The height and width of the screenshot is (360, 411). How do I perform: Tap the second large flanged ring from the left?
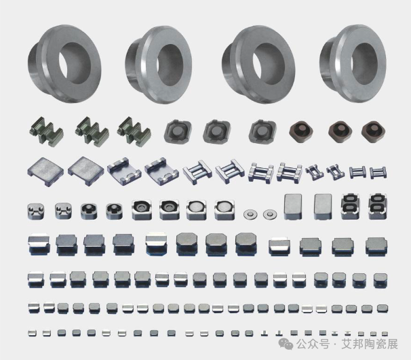pos(158,64)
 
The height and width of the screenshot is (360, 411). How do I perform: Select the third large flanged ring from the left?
pos(258,64)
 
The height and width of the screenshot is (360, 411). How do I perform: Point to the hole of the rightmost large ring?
pos(366,64)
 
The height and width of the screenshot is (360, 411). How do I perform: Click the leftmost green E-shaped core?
pos(45,130)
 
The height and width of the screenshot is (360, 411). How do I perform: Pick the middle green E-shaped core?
pos(91,130)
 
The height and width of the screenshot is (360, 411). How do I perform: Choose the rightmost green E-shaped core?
pos(134,130)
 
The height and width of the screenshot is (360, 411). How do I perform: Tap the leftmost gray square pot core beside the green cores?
pos(178,132)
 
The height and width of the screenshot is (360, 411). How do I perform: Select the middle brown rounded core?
pos(340,132)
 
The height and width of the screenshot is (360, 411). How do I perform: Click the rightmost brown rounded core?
pos(373,132)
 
